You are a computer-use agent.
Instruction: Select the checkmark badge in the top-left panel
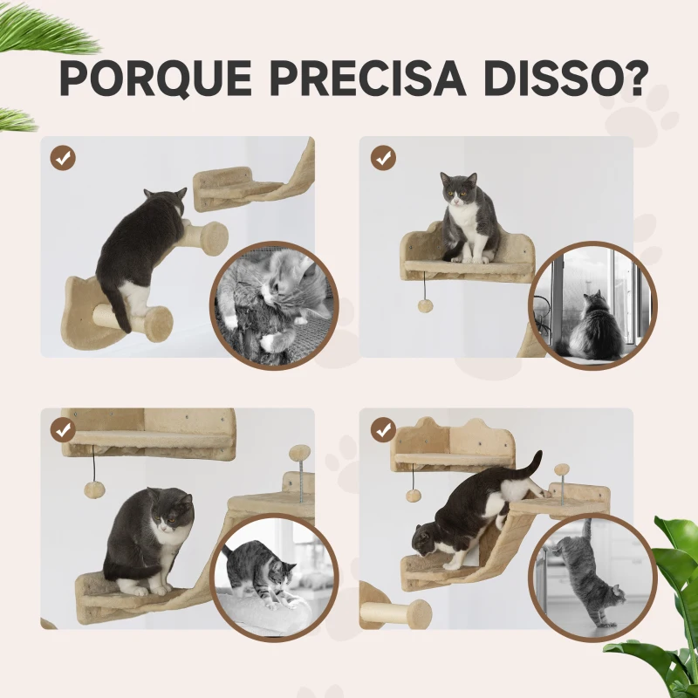[x=63, y=158]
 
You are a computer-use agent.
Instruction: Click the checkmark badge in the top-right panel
[x=382, y=158]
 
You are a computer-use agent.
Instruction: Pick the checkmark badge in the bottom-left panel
[x=63, y=429]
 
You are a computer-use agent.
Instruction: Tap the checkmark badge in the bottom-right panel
[x=382, y=429]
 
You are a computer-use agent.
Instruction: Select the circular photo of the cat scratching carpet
[x=272, y=305]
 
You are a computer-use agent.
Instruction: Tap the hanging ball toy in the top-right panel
[x=425, y=306]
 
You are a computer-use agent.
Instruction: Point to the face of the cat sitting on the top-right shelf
[x=459, y=190]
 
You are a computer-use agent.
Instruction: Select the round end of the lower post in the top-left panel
[x=158, y=324]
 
